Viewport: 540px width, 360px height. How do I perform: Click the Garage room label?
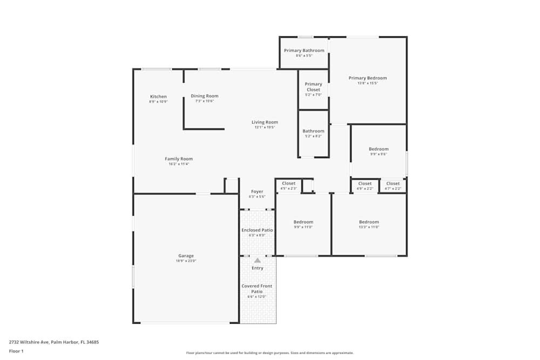click(186, 256)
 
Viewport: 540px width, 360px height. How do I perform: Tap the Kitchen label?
click(158, 97)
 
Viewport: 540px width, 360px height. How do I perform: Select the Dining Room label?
click(205, 96)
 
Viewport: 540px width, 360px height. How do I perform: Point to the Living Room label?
click(265, 122)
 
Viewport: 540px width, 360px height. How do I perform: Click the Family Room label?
click(179, 159)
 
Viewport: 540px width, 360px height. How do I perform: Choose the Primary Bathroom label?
click(304, 51)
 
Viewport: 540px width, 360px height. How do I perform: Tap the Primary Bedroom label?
click(368, 78)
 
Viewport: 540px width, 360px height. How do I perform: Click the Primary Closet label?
click(313, 87)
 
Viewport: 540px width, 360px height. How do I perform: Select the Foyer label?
click(257, 192)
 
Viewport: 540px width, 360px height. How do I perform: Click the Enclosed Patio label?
click(257, 230)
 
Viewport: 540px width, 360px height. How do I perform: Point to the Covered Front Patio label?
click(257, 289)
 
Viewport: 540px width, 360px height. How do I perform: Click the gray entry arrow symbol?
click(258, 261)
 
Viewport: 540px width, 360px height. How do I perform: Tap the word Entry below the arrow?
click(258, 268)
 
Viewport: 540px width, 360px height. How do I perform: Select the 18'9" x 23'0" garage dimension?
click(186, 261)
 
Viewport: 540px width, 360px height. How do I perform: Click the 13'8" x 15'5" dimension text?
click(368, 83)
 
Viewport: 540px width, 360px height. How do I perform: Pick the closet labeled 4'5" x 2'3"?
click(288, 186)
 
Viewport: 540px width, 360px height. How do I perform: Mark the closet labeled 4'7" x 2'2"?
click(393, 186)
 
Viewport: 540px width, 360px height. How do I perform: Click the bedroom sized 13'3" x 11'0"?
click(369, 224)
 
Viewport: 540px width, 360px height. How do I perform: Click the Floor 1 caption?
click(16, 351)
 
